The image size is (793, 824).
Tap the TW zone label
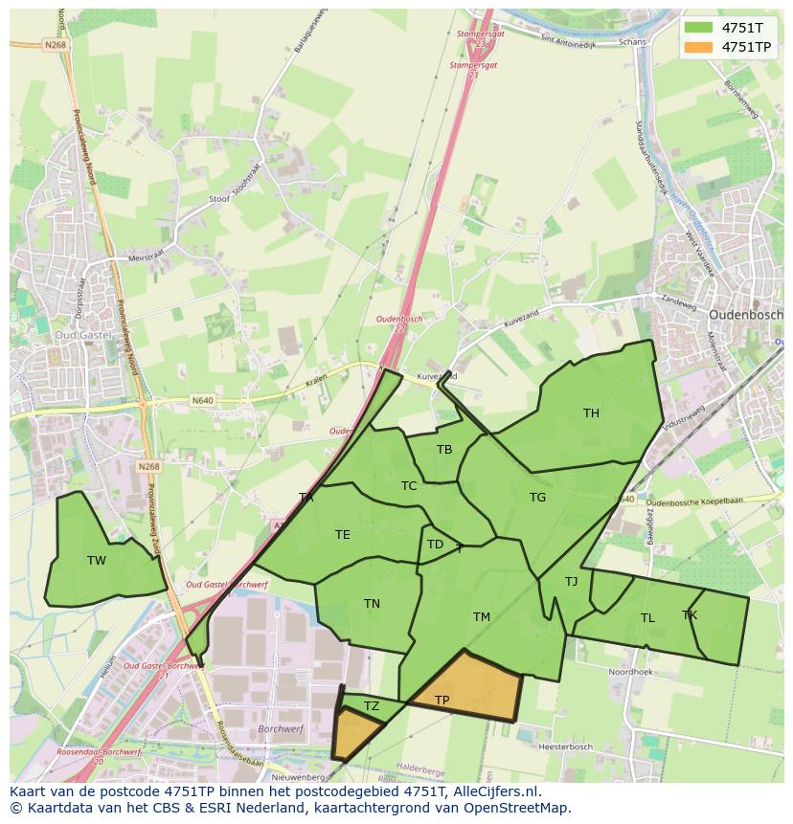tap(97, 561)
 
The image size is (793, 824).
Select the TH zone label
tap(591, 413)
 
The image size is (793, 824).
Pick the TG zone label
tap(537, 498)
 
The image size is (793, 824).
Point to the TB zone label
tap(444, 450)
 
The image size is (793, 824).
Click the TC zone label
tap(409, 486)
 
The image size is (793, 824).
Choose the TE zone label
tap(342, 535)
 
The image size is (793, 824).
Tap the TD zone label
tap(435, 545)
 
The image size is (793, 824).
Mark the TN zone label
tap(372, 604)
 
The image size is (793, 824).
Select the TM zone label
tap(481, 617)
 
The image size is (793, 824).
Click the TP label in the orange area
tap(442, 701)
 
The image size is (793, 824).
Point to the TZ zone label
tap(372, 706)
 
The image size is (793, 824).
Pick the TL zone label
tap(647, 618)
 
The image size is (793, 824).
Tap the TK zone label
tap(690, 615)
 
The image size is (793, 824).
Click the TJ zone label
tap(571, 582)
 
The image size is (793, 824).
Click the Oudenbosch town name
tap(745, 314)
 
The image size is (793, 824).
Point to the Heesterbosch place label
tap(565, 746)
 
